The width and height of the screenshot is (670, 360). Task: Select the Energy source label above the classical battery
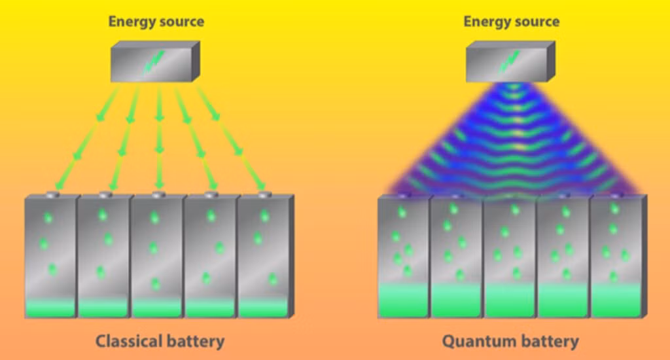156,22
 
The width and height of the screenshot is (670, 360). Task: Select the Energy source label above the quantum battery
512,22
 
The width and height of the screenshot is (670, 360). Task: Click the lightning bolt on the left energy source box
153,62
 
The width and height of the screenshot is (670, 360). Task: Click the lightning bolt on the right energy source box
509,62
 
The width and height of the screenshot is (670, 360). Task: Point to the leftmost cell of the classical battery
51,256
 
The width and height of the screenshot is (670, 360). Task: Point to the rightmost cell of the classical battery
265,256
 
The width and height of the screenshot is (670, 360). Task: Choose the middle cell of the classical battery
158,256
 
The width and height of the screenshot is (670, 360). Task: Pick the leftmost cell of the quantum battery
404,256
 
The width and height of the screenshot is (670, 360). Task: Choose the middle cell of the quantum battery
510,256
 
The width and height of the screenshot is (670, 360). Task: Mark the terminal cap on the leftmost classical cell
53,195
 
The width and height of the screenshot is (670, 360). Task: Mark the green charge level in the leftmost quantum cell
404,300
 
